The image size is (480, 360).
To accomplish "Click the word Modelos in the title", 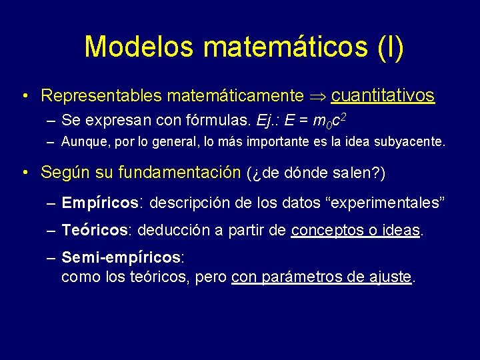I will tap(138, 47).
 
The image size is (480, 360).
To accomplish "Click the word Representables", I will tap(101, 96).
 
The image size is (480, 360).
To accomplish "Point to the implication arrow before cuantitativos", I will tap(317, 96).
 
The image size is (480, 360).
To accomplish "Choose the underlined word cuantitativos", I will tap(383, 95).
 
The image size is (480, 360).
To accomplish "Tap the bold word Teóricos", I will tap(97, 231).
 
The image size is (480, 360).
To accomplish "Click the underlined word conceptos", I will tap(322, 231).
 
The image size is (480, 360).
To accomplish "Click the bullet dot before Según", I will tap(25, 173).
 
